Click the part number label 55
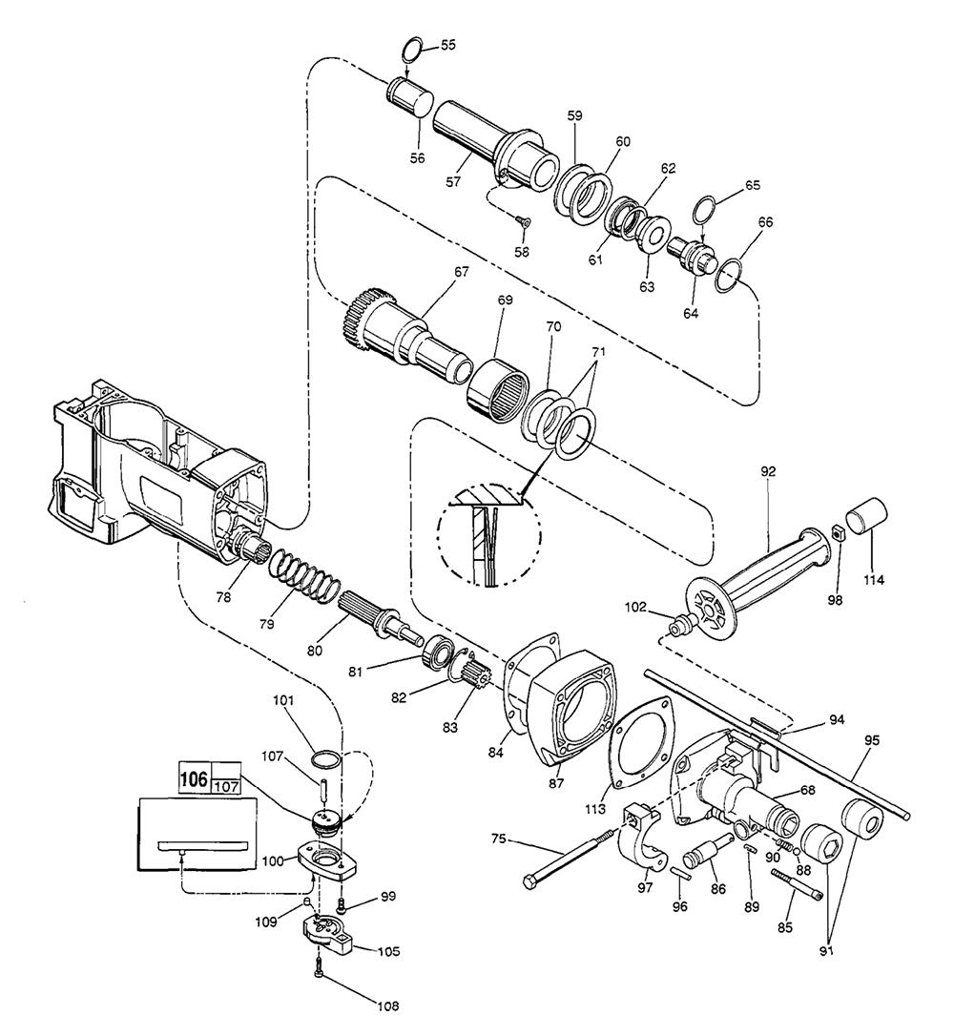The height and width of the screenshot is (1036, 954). click(448, 45)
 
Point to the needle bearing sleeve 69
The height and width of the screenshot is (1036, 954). click(499, 386)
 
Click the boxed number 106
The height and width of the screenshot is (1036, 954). click(195, 778)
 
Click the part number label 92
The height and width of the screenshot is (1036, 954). click(768, 471)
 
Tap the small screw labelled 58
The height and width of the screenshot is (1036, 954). click(524, 223)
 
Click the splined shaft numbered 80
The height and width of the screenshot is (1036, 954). click(379, 614)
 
